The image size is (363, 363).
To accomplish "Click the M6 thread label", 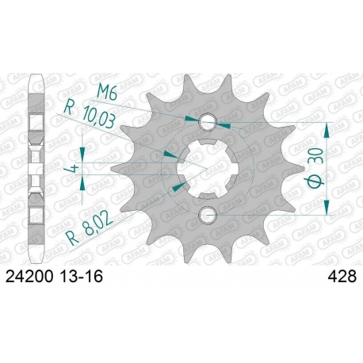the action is coord(107,92).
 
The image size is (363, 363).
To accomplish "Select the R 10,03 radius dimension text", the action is coord(90,115).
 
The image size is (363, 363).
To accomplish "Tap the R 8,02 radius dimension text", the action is coord(90,230).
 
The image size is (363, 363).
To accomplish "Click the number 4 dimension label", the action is coord(75,169).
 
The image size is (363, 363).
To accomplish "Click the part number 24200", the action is coord(29,277).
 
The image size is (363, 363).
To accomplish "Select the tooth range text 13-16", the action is coord(81,277).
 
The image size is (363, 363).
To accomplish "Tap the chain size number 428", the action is coord(342,277).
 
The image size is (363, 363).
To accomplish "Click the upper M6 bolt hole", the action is coord(208,122).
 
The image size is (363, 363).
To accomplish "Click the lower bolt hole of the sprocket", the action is coord(208,215).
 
